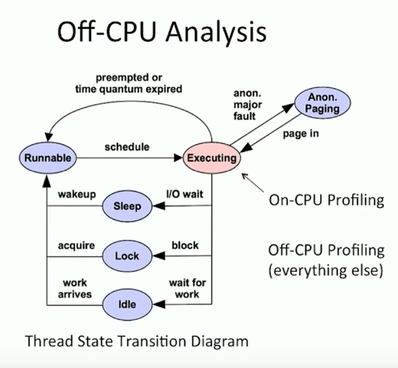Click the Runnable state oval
click(48, 157)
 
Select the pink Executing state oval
click(212, 157)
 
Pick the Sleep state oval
click(127, 206)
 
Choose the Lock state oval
click(127, 256)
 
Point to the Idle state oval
click(127, 305)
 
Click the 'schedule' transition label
click(127, 147)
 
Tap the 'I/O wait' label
click(184, 194)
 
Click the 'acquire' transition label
click(76, 245)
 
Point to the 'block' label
click(185, 245)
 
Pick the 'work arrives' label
click(75, 288)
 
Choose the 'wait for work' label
click(187, 288)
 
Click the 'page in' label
click(301, 134)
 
